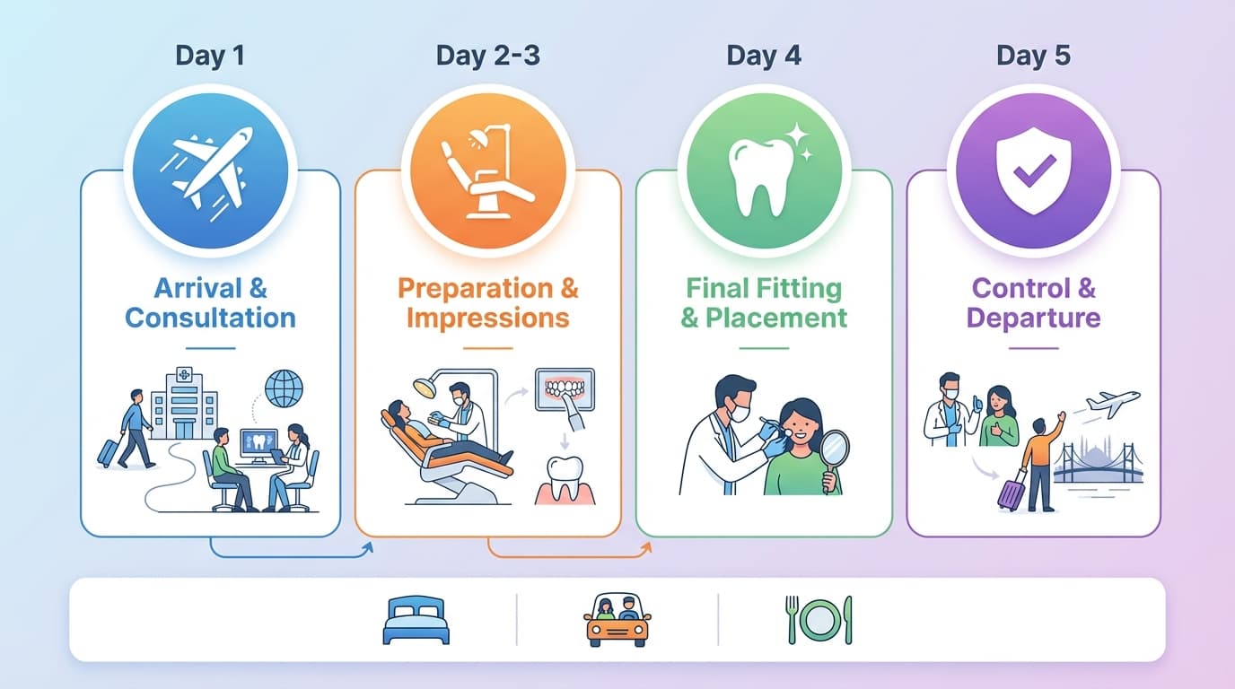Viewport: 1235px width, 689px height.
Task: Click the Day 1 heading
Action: pos(210,56)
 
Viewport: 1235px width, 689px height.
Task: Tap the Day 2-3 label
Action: pos(488,56)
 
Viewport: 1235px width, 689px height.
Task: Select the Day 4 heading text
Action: pos(763,56)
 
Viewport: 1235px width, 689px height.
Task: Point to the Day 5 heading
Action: pos(1033,56)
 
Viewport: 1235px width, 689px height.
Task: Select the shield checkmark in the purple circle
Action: pos(1033,170)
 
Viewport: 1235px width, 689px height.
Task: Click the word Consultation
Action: pos(210,318)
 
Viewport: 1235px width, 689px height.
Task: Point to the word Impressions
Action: pos(487,318)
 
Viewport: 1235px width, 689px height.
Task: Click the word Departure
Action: pos(1033,318)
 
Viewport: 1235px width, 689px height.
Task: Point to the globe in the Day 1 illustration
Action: pos(285,388)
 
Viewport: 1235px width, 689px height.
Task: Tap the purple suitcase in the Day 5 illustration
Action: pos(1012,493)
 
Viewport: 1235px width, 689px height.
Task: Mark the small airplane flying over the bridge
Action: pos(1113,403)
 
